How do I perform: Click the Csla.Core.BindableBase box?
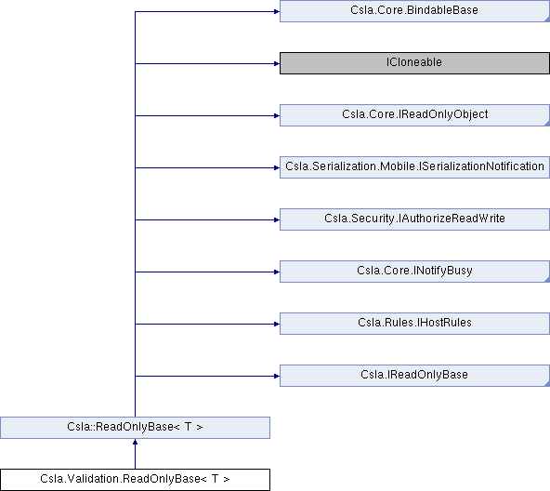414,11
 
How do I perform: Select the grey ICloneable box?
414,63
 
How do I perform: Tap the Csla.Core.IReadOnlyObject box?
414,115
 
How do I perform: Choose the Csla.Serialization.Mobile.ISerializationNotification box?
414,167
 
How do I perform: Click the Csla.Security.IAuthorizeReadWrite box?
414,219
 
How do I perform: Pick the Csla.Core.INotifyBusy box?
414,272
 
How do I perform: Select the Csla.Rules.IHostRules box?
414,324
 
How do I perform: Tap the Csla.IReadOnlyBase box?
414,376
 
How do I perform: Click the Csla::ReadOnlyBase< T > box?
135,428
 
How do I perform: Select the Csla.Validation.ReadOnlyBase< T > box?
135,480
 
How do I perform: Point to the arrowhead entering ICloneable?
277,63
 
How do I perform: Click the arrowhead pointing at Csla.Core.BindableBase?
277,11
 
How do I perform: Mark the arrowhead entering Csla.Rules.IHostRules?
277,324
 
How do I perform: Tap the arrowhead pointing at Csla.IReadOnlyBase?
277,376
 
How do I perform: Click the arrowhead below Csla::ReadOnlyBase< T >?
135,442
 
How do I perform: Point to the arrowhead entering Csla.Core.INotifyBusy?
277,272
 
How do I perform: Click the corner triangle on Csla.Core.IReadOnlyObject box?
547,124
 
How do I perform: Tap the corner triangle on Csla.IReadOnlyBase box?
547,384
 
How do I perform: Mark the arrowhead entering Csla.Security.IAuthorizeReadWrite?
277,219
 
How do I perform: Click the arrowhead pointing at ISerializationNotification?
277,168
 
